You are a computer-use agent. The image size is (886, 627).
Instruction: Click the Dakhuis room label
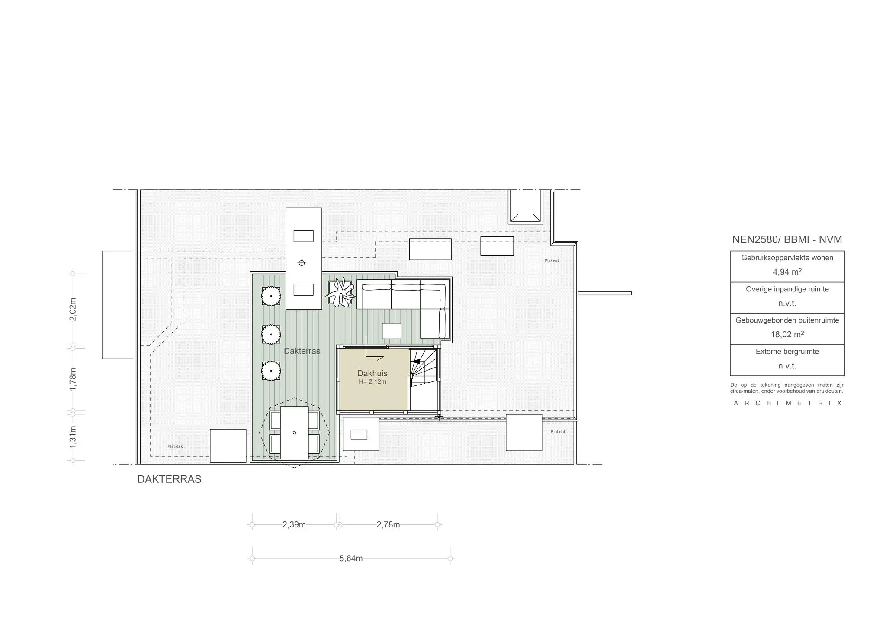point(372,373)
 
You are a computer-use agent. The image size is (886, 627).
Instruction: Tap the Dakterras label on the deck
point(302,351)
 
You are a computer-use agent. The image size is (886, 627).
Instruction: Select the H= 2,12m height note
point(372,382)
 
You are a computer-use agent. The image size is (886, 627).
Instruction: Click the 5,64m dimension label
point(351,559)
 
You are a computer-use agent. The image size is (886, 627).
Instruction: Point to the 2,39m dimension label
point(294,525)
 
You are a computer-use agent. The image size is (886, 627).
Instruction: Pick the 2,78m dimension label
point(388,525)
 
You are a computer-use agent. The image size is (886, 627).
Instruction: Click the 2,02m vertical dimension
point(73,309)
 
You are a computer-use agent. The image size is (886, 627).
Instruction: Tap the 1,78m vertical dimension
point(73,379)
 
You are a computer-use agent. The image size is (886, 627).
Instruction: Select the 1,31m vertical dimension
point(73,437)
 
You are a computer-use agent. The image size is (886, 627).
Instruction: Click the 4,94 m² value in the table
point(787,272)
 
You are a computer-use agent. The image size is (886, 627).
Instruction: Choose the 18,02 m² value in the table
point(787,334)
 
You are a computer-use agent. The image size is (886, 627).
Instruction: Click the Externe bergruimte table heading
point(787,352)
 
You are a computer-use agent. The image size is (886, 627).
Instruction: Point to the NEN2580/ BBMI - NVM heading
point(787,240)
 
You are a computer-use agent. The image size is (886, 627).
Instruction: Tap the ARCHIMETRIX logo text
point(787,403)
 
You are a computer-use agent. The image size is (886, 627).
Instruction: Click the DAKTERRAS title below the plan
point(169,479)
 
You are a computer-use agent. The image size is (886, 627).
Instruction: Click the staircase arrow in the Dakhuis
point(416,361)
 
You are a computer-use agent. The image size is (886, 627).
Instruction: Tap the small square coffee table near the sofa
point(392,331)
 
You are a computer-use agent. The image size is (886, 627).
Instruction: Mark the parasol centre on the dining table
point(294,433)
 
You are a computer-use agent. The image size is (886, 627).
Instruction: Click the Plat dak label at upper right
point(552,261)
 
